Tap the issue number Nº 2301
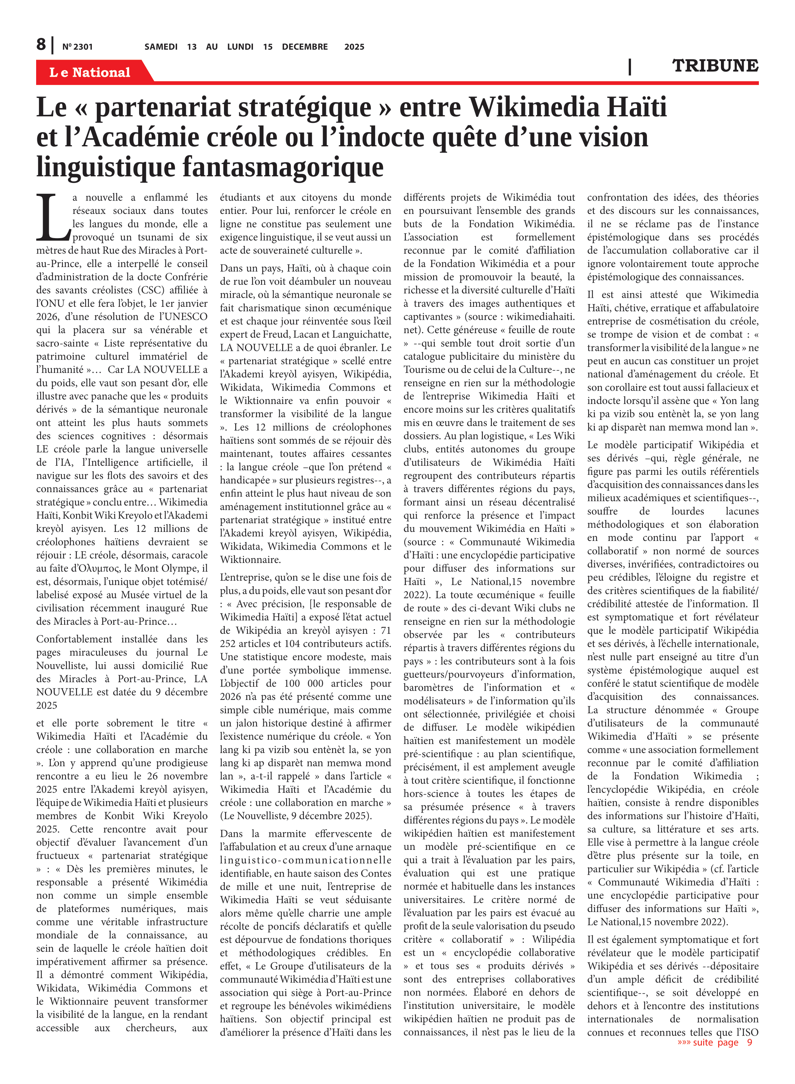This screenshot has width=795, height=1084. (77, 47)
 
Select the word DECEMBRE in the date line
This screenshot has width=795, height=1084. (305, 47)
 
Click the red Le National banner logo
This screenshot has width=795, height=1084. (90, 72)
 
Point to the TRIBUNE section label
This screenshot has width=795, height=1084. (715, 65)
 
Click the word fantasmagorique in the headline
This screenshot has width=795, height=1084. (283, 167)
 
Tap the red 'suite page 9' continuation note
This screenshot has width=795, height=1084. (715, 1042)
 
